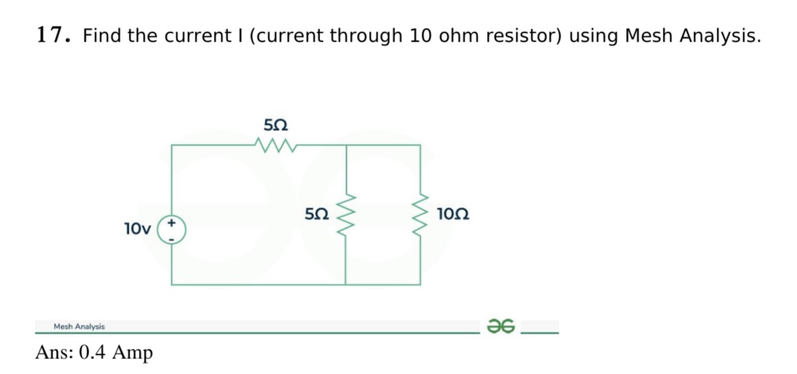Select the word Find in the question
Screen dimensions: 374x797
[104, 35]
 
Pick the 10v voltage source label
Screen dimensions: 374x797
[138, 228]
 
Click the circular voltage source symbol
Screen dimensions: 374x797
[172, 230]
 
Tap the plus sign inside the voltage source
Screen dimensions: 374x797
[172, 223]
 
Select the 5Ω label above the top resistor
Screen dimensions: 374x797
[275, 125]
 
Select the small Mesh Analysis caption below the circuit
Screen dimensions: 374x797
[79, 327]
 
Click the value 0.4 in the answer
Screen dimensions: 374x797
[93, 352]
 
